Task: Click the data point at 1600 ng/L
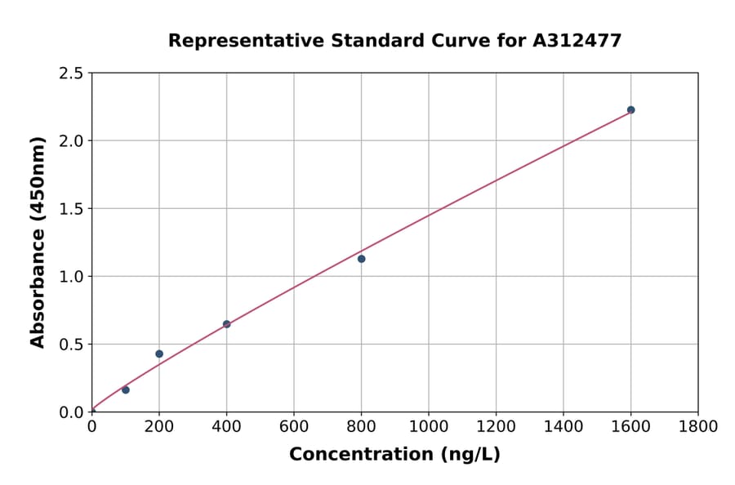(630, 109)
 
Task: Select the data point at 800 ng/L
(361, 259)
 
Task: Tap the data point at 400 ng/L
(226, 324)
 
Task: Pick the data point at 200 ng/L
(159, 354)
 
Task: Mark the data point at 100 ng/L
(126, 389)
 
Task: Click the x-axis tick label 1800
(697, 426)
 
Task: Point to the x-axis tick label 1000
(428, 426)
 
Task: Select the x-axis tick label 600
(293, 426)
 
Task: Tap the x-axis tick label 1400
(563, 426)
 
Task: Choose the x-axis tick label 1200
(496, 426)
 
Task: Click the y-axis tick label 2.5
(72, 73)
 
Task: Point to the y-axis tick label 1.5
(72, 209)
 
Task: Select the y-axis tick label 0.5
(72, 345)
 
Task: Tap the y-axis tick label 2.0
(72, 141)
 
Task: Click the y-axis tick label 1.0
(72, 277)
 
